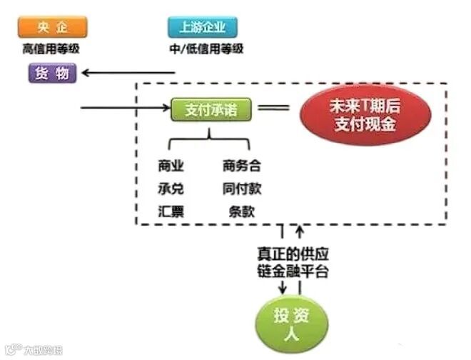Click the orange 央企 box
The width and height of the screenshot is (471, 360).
54,28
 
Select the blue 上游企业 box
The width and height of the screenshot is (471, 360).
203,28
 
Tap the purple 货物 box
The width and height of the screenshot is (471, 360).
52,73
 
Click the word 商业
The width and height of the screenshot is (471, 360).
171,166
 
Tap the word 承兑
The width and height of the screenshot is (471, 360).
171,189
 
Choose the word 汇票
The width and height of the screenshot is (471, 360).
171,211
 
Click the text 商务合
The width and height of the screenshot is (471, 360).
241,166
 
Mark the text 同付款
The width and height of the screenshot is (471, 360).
241,189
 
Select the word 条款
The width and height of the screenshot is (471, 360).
241,211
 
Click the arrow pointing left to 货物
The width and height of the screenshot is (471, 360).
128,72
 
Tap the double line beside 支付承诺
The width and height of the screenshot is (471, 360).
273,109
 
